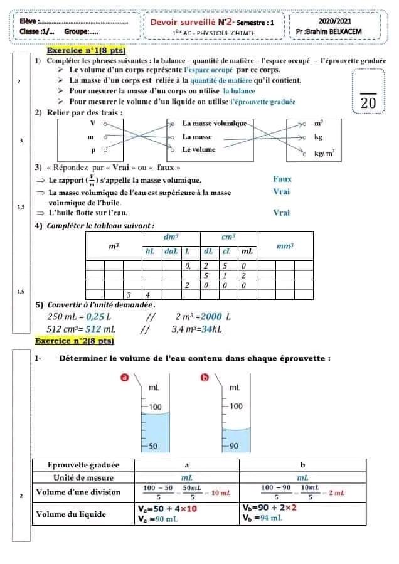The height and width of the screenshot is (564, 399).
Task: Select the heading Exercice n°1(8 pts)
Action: point(87,50)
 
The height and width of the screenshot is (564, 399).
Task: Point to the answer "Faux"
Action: point(282,179)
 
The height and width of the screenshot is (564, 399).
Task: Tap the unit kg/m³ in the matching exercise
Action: point(324,152)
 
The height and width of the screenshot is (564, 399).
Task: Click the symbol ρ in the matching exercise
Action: point(92,150)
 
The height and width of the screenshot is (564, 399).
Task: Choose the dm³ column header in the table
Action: point(171,237)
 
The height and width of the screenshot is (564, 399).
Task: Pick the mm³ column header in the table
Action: point(285,247)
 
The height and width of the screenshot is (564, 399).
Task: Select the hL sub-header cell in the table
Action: point(150,251)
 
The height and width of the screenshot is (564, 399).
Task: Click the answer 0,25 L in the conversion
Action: point(97,316)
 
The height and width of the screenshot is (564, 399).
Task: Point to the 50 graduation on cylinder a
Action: point(152,446)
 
